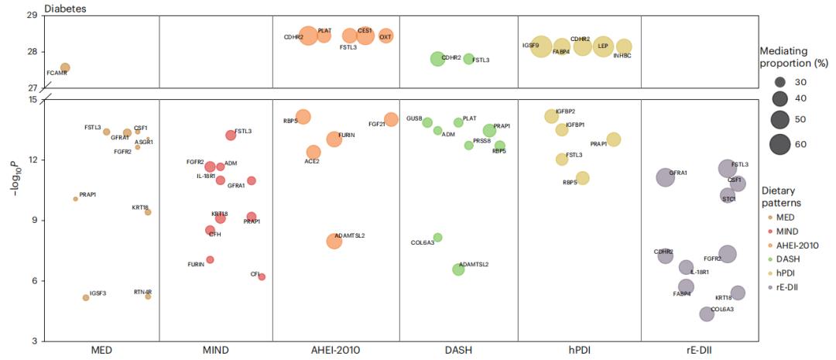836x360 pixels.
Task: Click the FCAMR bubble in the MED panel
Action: [x=65, y=68]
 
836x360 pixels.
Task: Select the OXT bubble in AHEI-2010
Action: [x=385, y=36]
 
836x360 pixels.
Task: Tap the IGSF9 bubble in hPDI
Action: [x=542, y=46]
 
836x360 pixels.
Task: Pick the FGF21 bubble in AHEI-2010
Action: [x=391, y=119]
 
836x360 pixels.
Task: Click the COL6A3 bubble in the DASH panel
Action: [x=437, y=237]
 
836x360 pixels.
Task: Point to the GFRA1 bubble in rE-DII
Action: [x=666, y=177]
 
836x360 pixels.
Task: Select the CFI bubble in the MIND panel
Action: [x=262, y=276]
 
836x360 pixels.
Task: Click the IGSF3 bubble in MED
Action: [x=86, y=297]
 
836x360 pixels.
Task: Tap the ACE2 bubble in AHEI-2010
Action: [x=313, y=153]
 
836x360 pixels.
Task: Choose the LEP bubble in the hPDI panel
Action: [x=603, y=46]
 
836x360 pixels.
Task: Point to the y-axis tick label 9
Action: [x=33, y=220]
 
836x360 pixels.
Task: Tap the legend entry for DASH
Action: [x=787, y=259]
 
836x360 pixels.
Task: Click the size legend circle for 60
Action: [x=779, y=144]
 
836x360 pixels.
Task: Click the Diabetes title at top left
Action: [x=65, y=9]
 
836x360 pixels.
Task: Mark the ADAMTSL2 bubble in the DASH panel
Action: [x=458, y=269]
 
